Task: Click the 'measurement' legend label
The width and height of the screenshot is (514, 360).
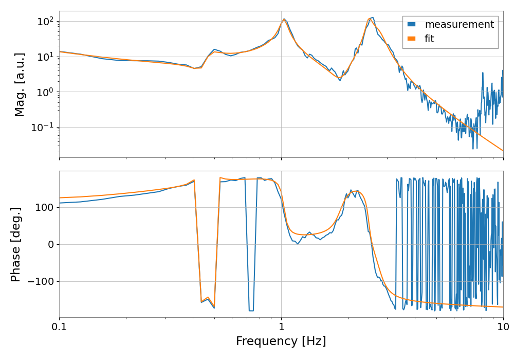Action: coord(459,24)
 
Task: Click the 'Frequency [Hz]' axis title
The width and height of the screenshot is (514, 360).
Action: coord(281,341)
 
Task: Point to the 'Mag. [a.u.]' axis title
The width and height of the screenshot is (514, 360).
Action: coord(20,84)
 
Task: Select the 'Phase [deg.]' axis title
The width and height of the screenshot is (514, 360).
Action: coord(16,244)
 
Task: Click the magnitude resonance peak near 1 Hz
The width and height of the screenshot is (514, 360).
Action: coord(284,19)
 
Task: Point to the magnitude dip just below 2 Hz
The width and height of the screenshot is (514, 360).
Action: coord(340,80)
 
